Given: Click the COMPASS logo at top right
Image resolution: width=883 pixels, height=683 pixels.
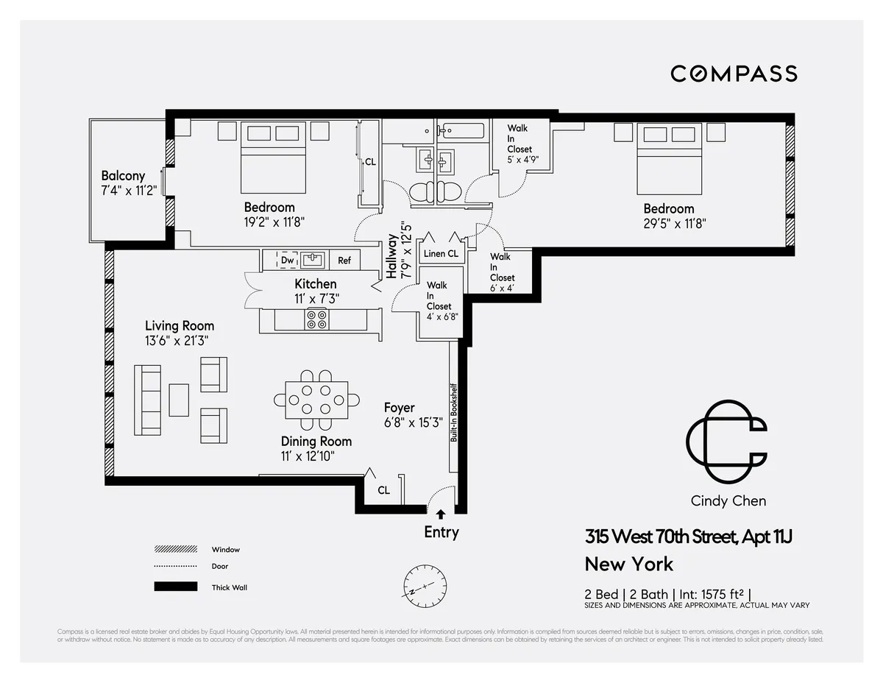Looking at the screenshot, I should [734, 74].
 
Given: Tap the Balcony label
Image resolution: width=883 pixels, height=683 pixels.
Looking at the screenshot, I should [123, 176].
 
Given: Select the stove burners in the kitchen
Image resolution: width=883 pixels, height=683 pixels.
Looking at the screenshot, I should [317, 319].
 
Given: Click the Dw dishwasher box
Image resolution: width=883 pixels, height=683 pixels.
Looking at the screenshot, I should [288, 260].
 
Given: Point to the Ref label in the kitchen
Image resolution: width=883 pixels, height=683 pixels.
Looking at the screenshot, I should [344, 261].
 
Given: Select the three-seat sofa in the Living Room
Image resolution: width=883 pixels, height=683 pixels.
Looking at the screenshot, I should [147, 399].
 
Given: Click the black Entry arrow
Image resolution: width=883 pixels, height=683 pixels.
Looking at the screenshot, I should [441, 515].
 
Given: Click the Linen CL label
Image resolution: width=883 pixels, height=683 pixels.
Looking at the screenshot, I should [441, 254].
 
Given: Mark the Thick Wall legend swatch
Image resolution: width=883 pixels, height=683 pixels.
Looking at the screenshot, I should [176, 587].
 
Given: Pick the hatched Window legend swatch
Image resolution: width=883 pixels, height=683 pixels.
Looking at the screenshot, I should [176, 549].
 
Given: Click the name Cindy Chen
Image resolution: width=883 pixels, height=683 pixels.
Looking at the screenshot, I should [728, 501].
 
